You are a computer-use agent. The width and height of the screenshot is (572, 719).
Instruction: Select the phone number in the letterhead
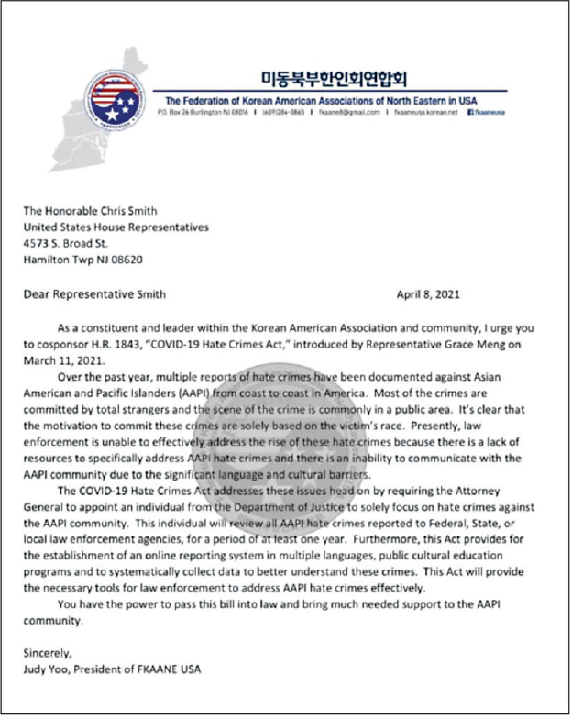click(x=284, y=112)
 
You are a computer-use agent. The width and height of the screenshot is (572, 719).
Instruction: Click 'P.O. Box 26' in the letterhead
click(x=181, y=112)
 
